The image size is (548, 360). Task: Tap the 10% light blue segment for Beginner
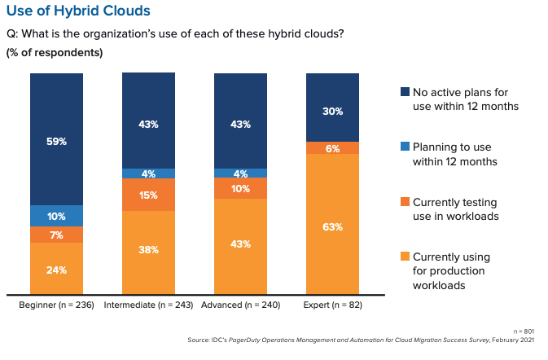click(56, 216)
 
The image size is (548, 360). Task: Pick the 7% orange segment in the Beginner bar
click(56, 235)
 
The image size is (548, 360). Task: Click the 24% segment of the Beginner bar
click(56, 269)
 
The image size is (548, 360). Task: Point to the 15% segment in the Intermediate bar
click(148, 195)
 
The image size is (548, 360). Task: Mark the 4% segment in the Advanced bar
click(240, 173)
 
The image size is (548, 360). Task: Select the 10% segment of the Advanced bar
click(240, 188)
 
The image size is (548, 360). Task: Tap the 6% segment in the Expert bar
click(332, 147)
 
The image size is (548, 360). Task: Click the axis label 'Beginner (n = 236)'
click(56, 305)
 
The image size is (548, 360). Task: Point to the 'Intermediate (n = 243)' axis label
click(149, 305)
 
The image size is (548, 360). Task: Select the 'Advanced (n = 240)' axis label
click(241, 305)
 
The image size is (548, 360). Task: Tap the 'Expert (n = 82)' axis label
click(333, 305)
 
